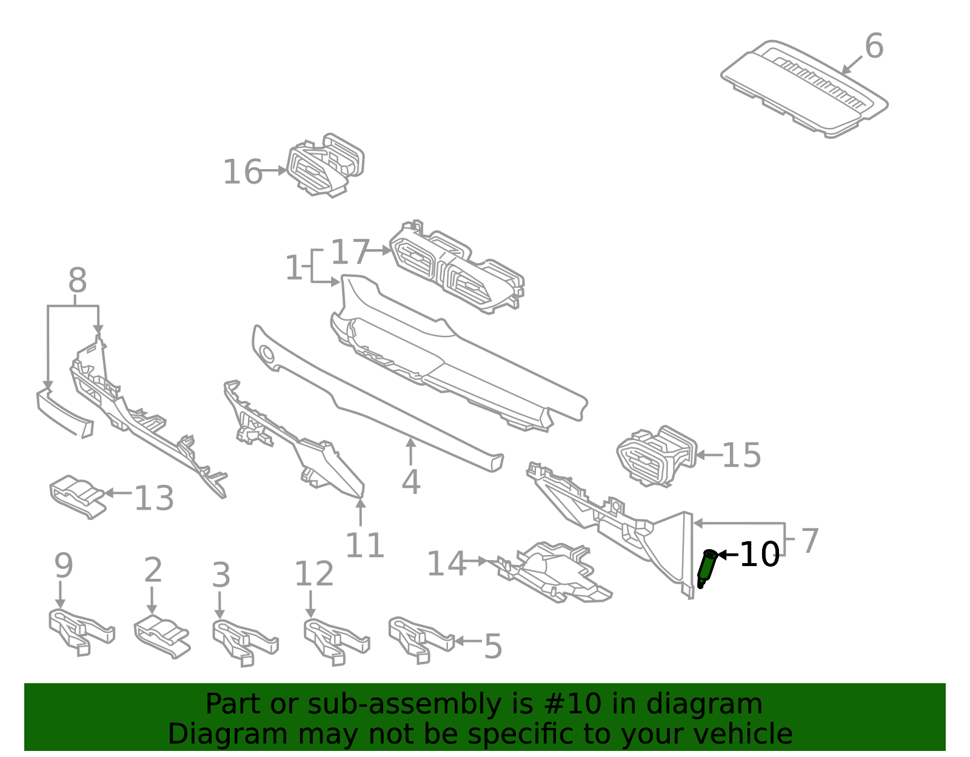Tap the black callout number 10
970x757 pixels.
click(760, 554)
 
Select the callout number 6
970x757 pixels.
click(874, 46)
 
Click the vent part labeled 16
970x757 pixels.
click(326, 165)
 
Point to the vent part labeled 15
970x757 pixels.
click(656, 455)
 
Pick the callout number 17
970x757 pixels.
click(350, 252)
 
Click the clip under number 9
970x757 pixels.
click(80, 632)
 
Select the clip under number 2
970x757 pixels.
click(161, 636)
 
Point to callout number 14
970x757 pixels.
click(446, 564)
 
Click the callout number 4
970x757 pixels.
click(411, 482)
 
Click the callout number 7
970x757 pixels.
click(810, 540)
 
